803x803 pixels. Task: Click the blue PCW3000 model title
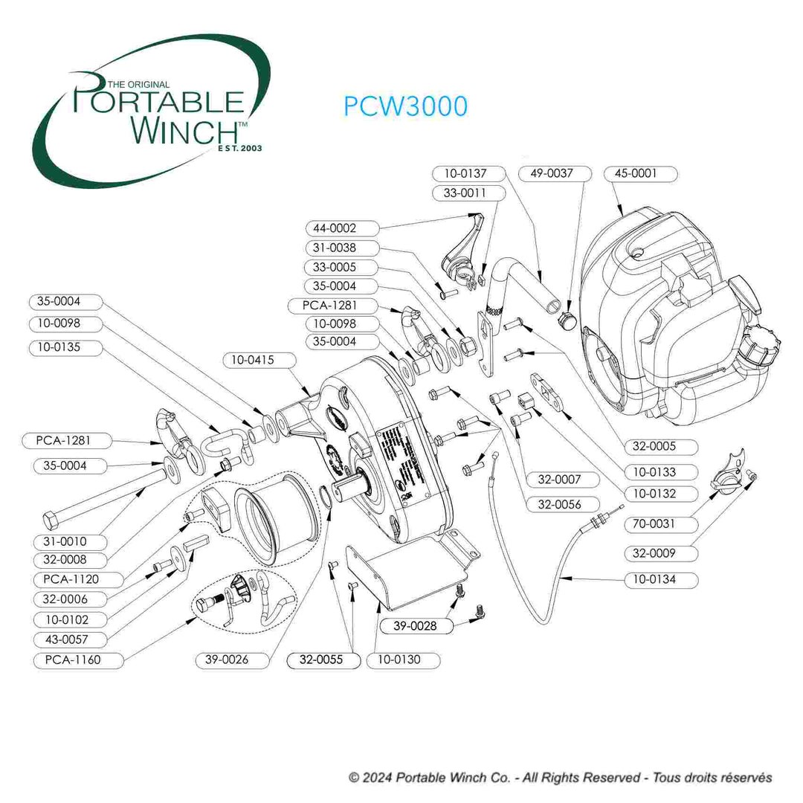(x=405, y=106)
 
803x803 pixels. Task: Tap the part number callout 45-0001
(x=635, y=174)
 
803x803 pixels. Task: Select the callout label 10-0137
(x=465, y=173)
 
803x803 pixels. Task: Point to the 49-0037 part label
(x=551, y=173)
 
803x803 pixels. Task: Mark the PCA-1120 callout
(x=66, y=579)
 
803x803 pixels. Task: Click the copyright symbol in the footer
(x=354, y=778)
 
